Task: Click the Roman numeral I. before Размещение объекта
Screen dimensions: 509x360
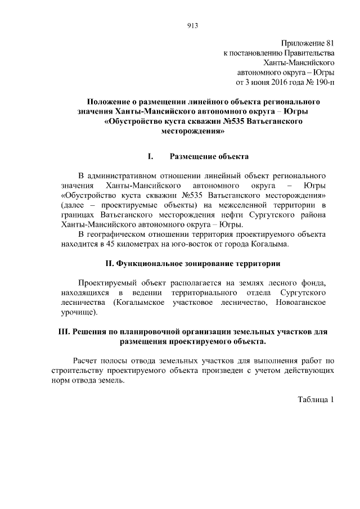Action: (x=150, y=156)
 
